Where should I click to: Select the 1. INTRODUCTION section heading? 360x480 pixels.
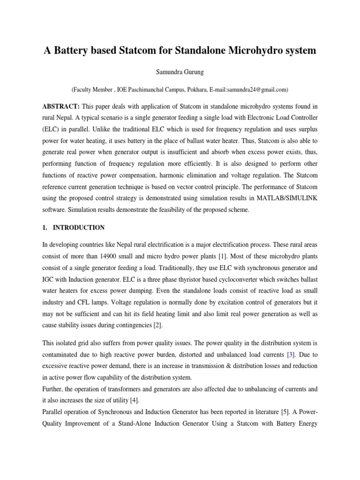pyautogui.click(x=74, y=227)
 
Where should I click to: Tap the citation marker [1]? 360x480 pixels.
pyautogui.click(x=236, y=258)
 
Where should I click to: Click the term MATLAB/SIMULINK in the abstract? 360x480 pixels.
pyautogui.click(x=287, y=197)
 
